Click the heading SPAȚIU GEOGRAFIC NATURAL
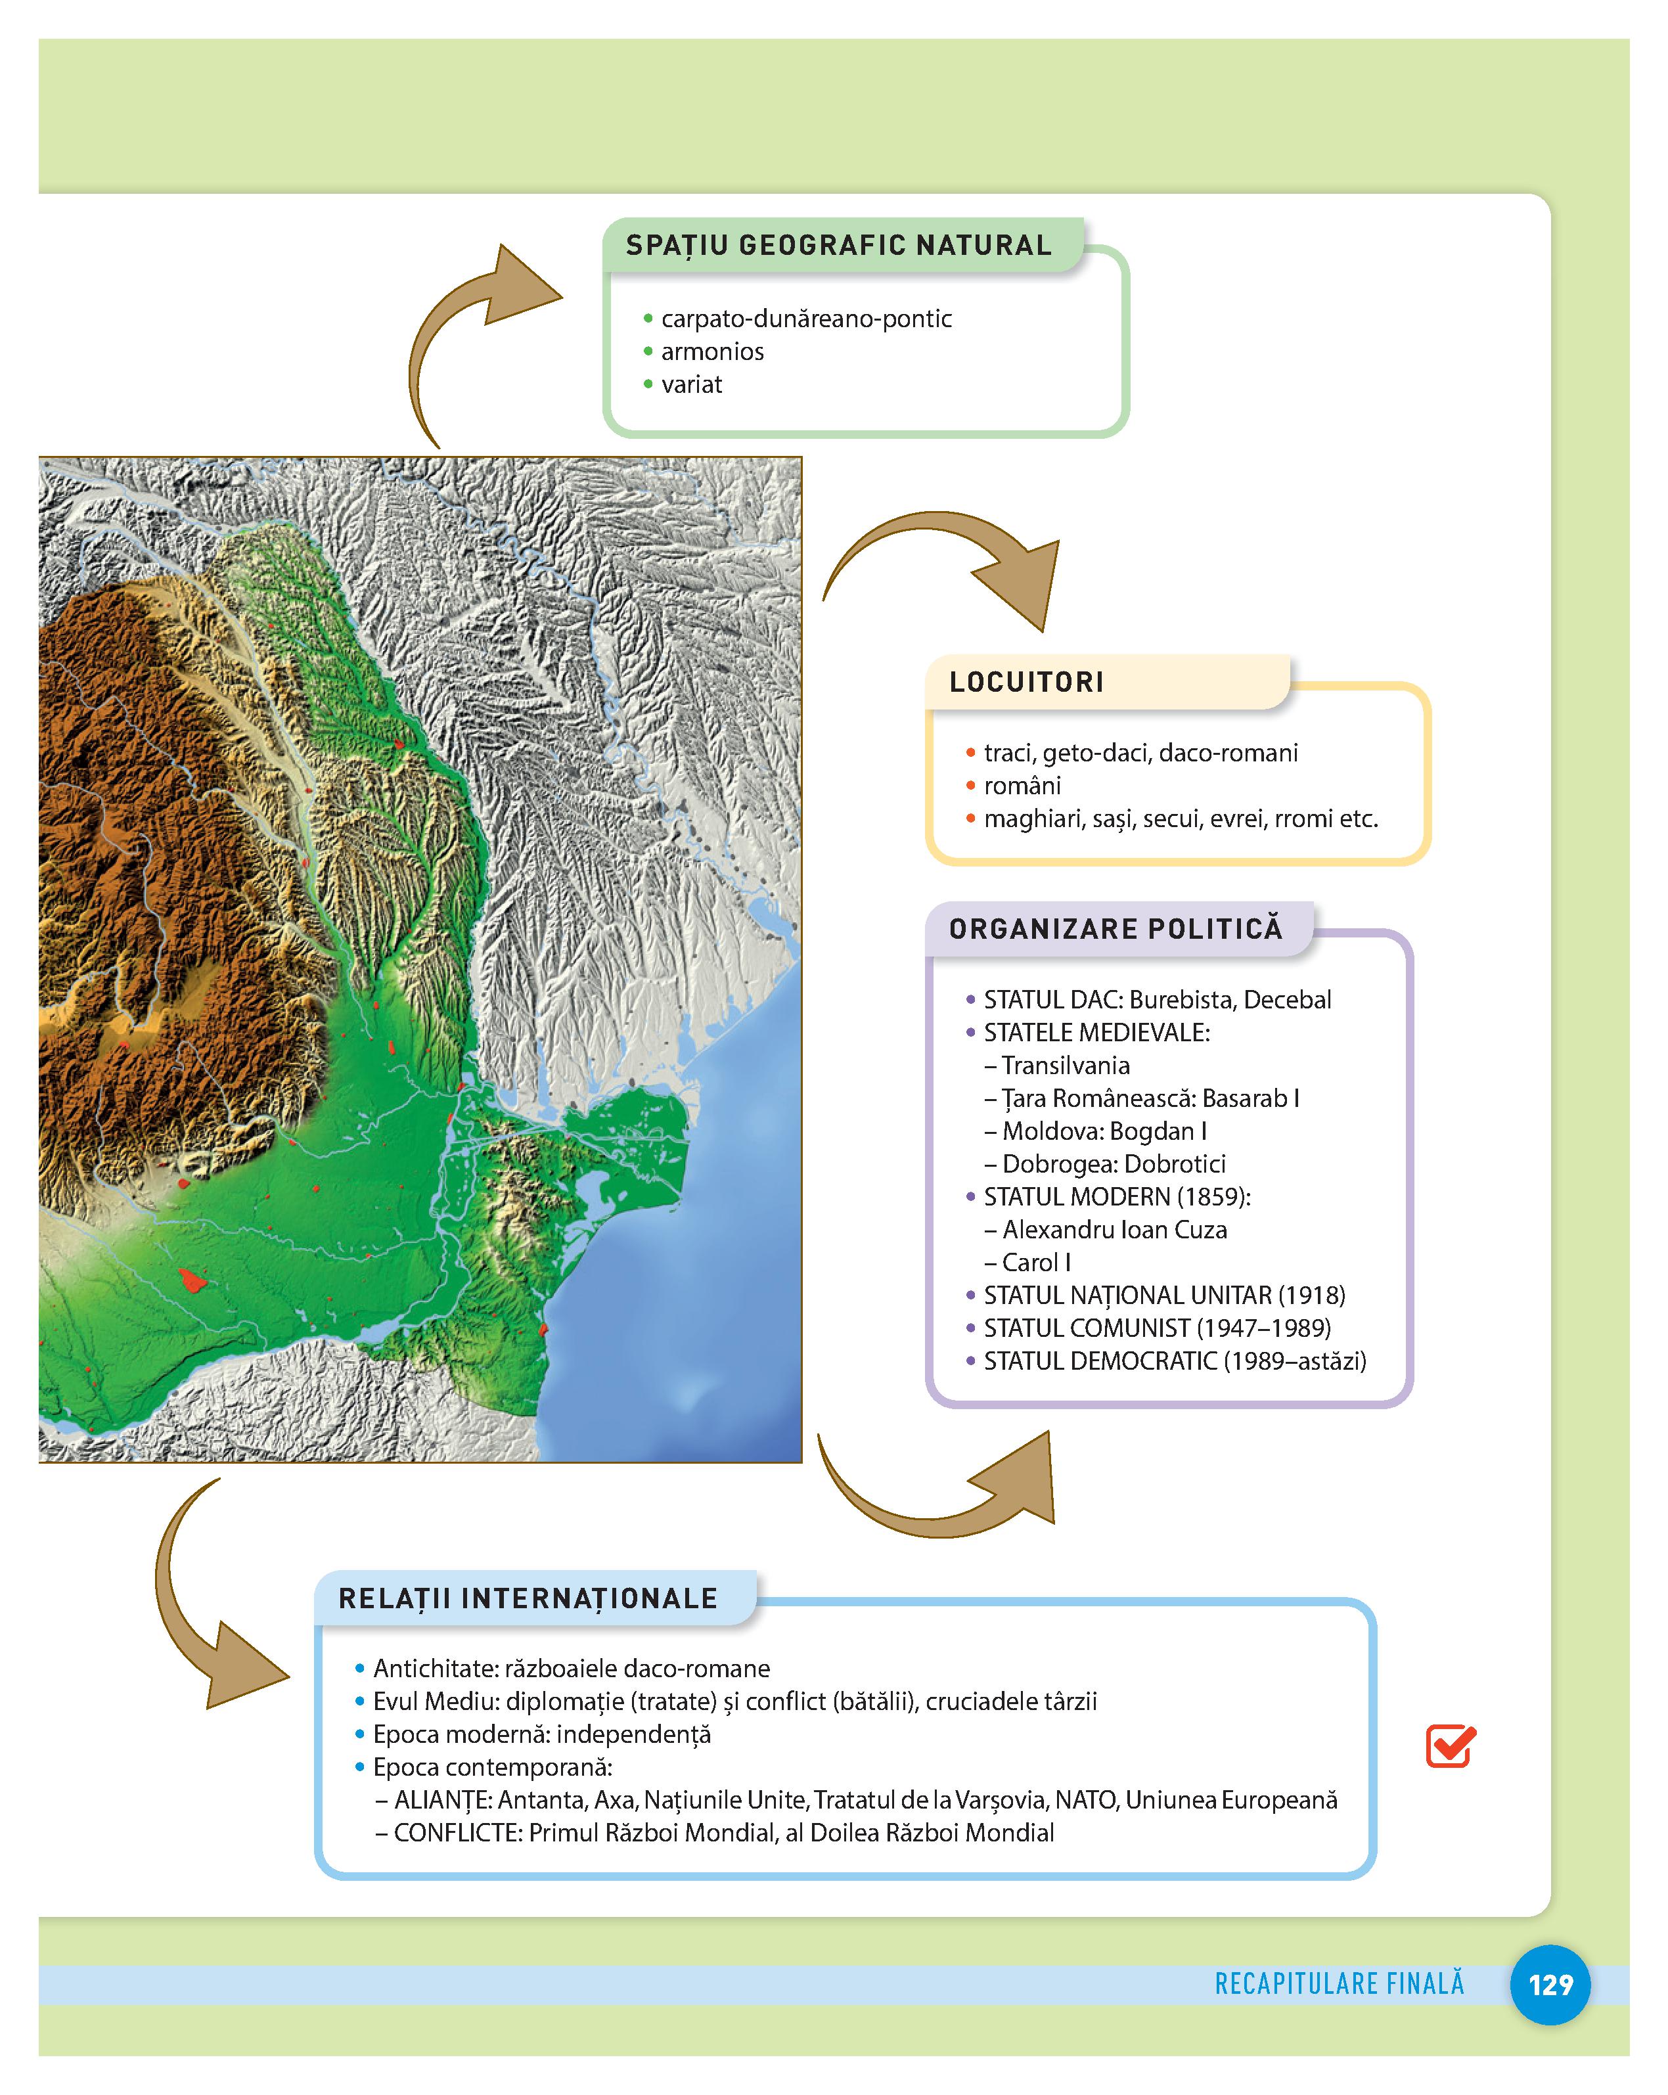(838, 245)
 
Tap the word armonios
(712, 351)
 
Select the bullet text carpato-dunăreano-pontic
(805, 319)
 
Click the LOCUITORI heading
(1026, 682)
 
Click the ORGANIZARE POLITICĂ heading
(1116, 929)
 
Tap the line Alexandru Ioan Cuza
(1114, 1230)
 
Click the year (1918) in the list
(1311, 1295)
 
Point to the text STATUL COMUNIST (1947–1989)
(1157, 1328)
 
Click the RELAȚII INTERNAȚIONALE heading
(528, 1598)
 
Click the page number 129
(1550, 1984)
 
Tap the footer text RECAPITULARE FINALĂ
(1339, 1983)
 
